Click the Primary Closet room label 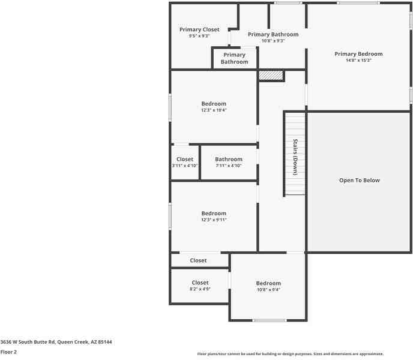tap(199, 29)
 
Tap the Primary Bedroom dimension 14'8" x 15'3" tap(358, 60)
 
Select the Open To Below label tap(359, 180)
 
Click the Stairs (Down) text tap(295, 157)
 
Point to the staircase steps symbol tap(294, 126)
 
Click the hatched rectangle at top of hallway tap(271, 76)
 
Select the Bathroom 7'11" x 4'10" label tap(228, 160)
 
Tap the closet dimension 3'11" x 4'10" tap(185, 166)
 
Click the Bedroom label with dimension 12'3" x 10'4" tap(214, 104)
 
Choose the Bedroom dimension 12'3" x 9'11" tap(214, 220)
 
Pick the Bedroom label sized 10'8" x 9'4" tap(268, 283)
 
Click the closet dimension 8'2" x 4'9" tap(200, 289)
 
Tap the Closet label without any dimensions tap(198, 260)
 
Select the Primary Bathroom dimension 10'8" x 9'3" tap(273, 41)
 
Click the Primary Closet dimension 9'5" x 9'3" tap(199, 36)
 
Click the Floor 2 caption tap(9, 352)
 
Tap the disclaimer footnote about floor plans tap(291, 354)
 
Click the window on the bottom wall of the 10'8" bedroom tap(269, 320)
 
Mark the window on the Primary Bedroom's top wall tap(358, 3)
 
